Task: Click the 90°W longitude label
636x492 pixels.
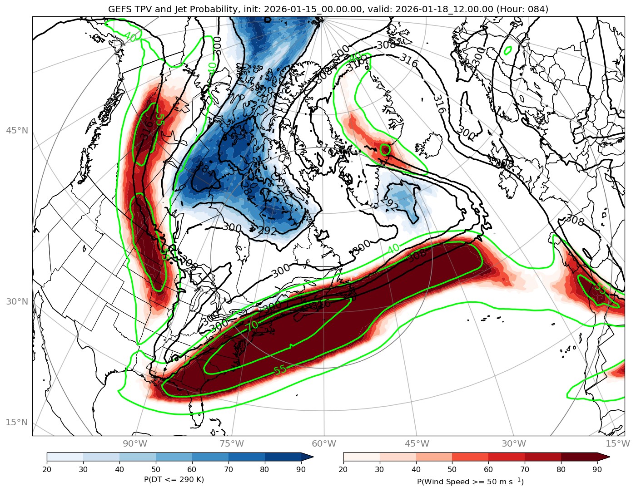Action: click(135, 443)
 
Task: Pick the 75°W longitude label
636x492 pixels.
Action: click(232, 443)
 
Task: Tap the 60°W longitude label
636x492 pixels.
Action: click(324, 443)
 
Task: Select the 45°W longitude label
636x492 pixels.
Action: click(417, 443)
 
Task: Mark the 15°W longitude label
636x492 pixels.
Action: click(617, 443)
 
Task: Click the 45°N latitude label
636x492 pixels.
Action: click(17, 131)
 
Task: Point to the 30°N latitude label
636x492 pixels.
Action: click(17, 301)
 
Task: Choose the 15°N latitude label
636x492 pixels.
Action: click(17, 423)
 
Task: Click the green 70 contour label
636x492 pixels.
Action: click(252, 325)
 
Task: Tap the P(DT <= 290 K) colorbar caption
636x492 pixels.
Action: click(174, 480)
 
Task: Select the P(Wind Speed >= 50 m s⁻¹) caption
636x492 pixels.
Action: click(470, 481)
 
